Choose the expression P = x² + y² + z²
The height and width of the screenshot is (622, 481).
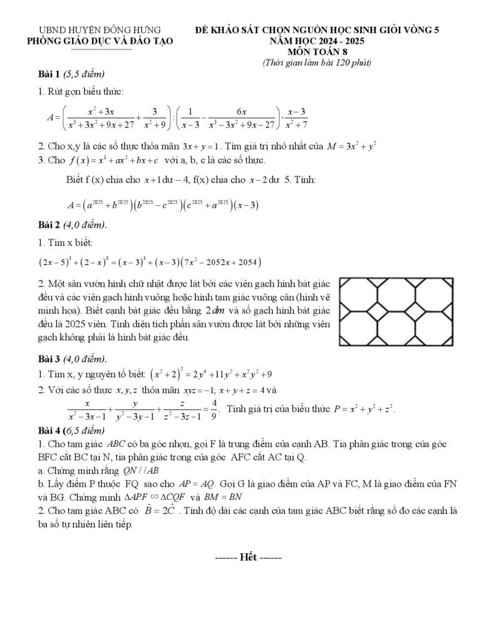pyautogui.click(x=364, y=409)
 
